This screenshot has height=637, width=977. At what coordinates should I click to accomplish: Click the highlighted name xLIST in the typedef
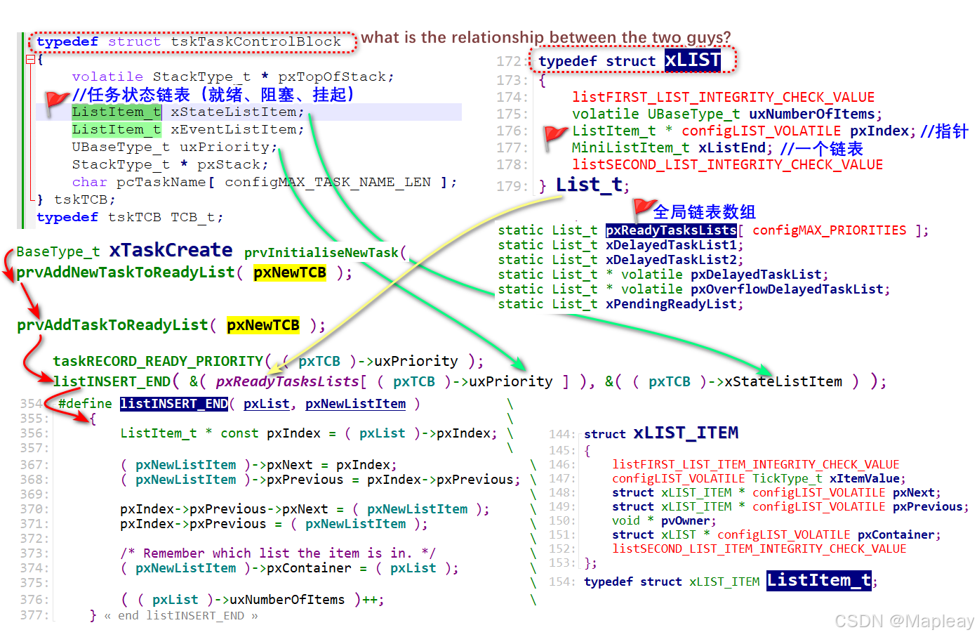pyautogui.click(x=692, y=60)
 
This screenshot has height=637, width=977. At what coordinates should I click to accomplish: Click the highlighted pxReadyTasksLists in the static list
pyautogui.click(x=671, y=230)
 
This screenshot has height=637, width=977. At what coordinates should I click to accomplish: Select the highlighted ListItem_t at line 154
pyautogui.click(x=818, y=580)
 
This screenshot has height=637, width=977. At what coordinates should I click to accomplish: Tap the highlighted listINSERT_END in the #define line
pyautogui.click(x=174, y=404)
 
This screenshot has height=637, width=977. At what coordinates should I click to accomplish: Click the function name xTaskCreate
pyautogui.click(x=171, y=250)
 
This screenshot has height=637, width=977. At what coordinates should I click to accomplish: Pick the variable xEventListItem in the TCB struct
pyautogui.click(x=233, y=130)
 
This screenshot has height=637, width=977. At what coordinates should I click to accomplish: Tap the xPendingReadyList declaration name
pyautogui.click(x=671, y=304)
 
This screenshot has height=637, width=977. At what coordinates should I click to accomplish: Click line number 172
pyautogui.click(x=508, y=62)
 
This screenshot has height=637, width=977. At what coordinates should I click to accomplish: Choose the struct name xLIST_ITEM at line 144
pyautogui.click(x=685, y=433)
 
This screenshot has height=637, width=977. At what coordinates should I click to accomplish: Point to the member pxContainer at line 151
pyautogui.click(x=896, y=535)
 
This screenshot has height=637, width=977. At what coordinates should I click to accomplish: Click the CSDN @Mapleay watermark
pyautogui.click(x=904, y=621)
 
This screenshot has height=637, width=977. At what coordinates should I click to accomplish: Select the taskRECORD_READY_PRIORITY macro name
pyautogui.click(x=158, y=361)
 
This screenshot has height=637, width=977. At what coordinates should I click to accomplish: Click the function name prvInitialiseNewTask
pyautogui.click(x=321, y=253)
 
